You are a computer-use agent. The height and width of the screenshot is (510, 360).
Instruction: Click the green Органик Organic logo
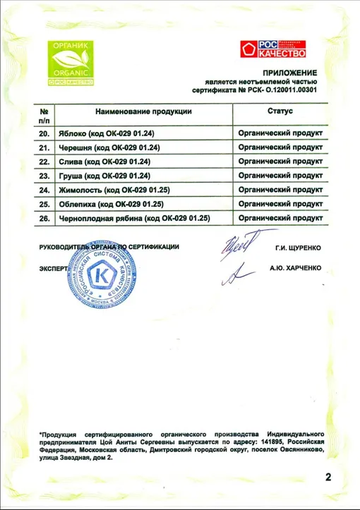70,63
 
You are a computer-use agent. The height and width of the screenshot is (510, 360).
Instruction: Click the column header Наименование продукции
133,111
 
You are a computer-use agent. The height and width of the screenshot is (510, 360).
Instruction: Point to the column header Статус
280,111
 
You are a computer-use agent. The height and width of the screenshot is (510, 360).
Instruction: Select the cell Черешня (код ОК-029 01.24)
110,147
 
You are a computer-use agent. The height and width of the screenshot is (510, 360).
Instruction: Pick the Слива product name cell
106,162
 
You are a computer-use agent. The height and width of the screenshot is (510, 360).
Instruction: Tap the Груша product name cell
106,176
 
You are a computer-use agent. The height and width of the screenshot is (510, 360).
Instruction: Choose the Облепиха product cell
115,205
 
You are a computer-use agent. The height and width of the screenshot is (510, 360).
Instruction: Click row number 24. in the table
44,190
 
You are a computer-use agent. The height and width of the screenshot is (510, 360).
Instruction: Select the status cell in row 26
281,219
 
